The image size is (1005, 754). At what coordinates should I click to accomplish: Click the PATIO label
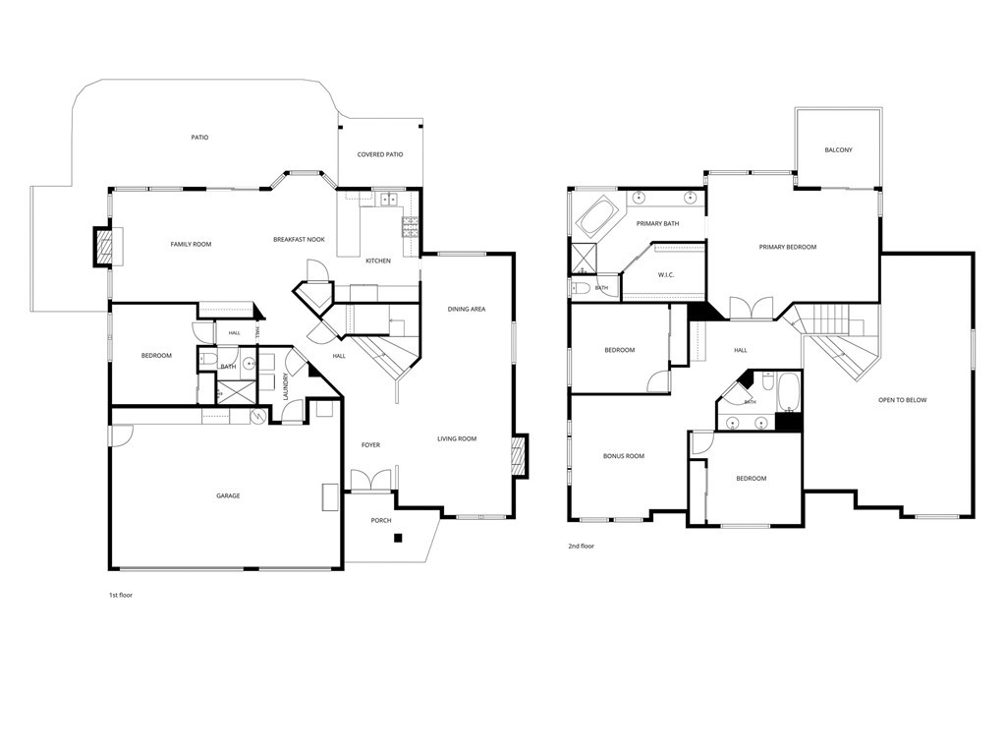click(x=200, y=138)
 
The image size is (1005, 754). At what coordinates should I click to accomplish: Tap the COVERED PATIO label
click(x=380, y=154)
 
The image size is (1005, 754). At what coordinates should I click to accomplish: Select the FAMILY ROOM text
click(x=191, y=244)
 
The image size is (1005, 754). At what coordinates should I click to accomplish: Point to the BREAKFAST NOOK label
click(x=300, y=240)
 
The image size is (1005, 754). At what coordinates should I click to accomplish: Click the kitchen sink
click(x=389, y=200)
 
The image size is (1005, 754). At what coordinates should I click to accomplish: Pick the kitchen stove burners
click(x=411, y=227)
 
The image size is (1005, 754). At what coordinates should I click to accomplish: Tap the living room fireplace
click(x=520, y=456)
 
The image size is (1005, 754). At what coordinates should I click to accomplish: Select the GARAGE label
click(x=228, y=495)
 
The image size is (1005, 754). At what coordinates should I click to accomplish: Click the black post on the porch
click(x=398, y=538)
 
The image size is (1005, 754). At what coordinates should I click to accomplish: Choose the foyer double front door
click(x=370, y=481)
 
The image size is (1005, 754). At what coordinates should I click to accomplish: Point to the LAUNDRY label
click(x=286, y=386)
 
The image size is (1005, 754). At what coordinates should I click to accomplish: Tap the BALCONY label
click(x=838, y=150)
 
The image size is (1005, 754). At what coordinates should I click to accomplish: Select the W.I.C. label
click(x=666, y=275)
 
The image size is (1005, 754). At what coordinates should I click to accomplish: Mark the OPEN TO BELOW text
click(x=903, y=400)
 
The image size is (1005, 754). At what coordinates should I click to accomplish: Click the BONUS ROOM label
click(x=624, y=456)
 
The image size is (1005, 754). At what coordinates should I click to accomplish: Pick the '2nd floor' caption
click(x=582, y=547)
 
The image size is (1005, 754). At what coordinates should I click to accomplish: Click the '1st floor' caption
click(x=121, y=596)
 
